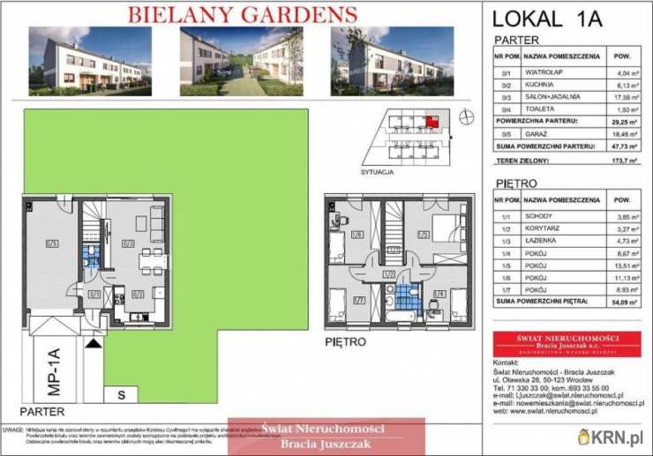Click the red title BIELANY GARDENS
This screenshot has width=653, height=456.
point(243,14)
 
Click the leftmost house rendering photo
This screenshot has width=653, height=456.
point(90,60)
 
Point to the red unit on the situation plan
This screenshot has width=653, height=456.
point(432,122)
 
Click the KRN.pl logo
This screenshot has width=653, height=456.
point(612,437)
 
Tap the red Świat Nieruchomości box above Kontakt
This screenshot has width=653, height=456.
point(567,342)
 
